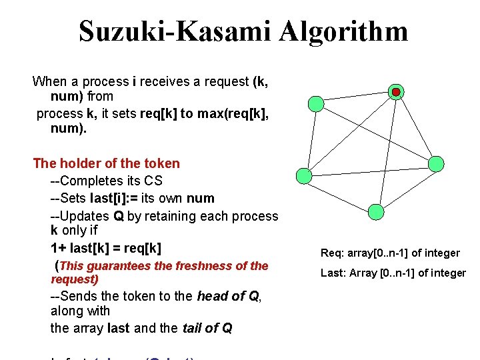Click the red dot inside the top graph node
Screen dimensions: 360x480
tap(396, 91)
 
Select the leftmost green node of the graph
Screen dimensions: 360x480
tap(317, 103)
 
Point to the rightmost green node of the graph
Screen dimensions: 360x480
tap(435, 163)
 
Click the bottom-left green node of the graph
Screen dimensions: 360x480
tap(303, 175)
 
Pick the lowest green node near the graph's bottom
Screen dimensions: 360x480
tap(376, 211)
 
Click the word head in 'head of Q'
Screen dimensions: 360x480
tap(212, 297)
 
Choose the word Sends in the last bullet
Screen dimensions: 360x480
tap(76, 297)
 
